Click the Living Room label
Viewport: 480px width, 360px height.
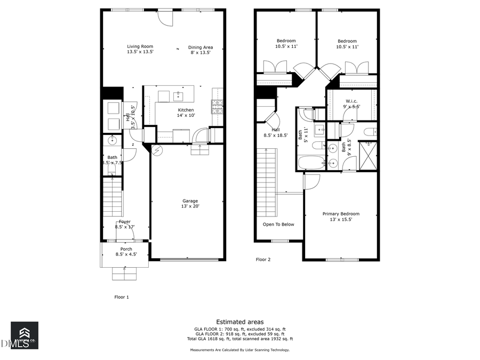point(140,49)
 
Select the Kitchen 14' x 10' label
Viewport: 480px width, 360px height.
point(186,113)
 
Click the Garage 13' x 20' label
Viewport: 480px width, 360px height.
point(190,203)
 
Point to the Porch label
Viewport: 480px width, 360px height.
point(126,252)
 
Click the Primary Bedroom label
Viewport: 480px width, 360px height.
point(341,216)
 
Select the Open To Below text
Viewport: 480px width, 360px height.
point(278,225)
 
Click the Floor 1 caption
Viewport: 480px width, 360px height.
point(122,297)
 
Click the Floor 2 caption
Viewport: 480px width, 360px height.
point(263,260)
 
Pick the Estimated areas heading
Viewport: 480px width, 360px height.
point(239,322)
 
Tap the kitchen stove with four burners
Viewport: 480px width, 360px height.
point(217,107)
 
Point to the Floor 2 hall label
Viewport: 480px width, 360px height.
point(276,132)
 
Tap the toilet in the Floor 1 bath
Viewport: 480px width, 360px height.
point(112,170)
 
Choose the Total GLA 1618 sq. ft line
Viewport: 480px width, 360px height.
point(239,339)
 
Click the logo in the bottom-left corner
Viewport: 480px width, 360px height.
point(25,335)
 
